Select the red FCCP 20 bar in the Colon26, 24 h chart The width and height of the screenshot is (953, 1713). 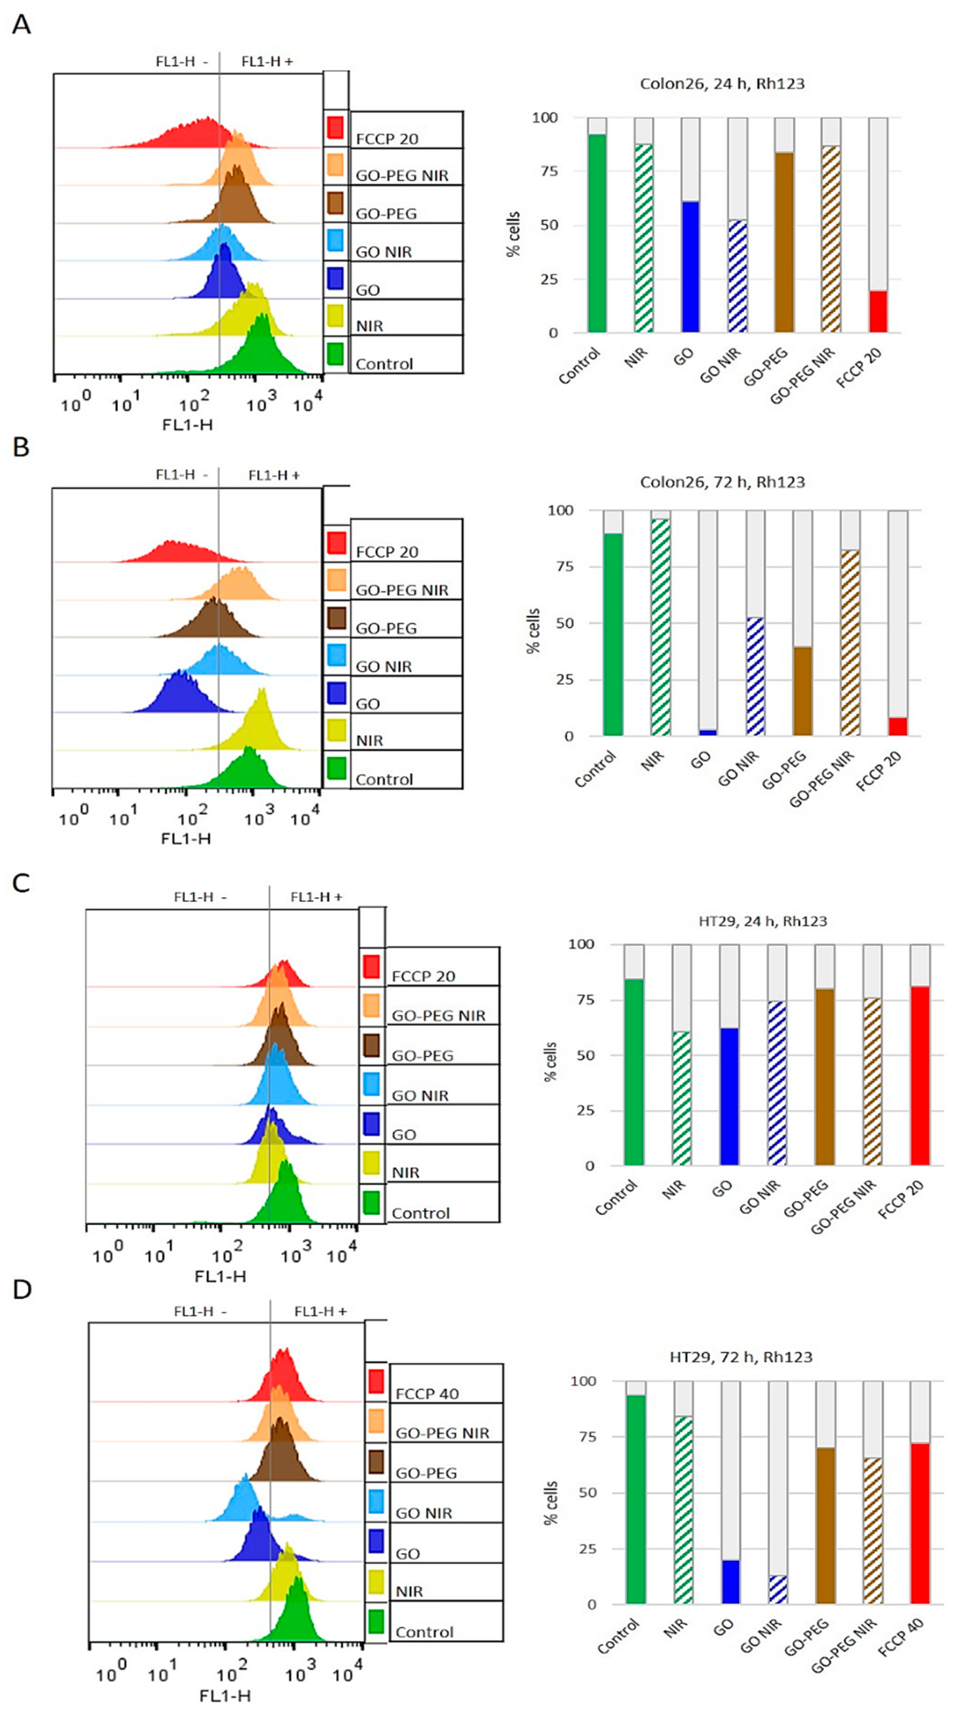[x=878, y=311]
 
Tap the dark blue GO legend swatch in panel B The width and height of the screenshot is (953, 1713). [x=336, y=694]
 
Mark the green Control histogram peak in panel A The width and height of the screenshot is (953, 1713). [x=261, y=315]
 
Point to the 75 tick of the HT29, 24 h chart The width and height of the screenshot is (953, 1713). [x=586, y=999]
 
